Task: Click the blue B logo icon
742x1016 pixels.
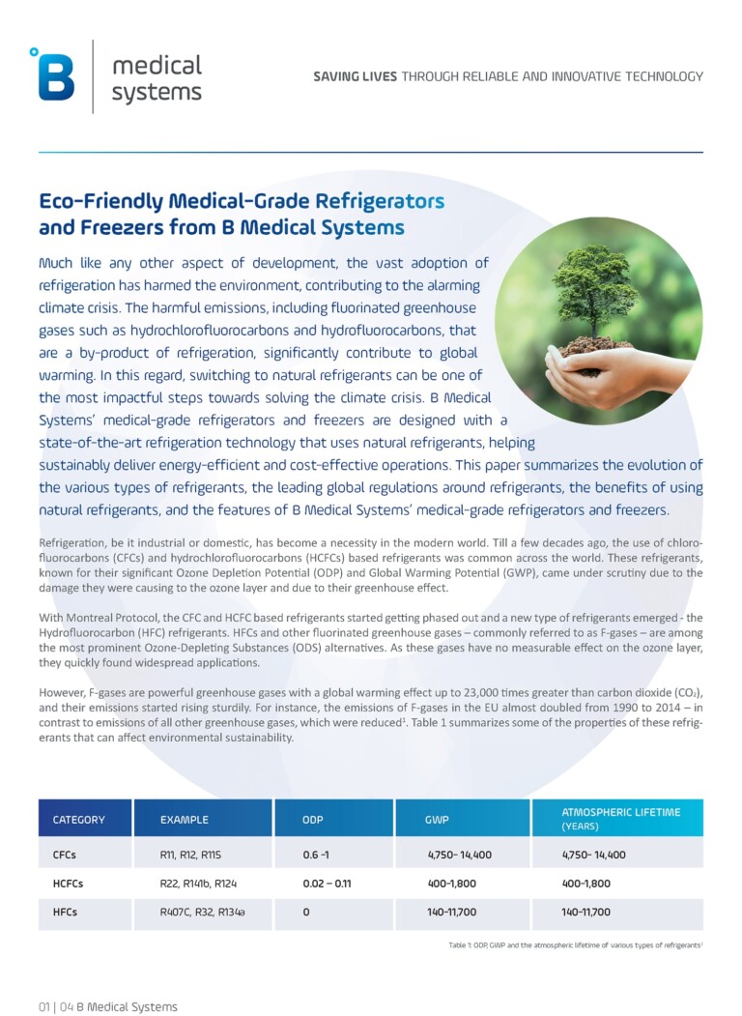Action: [x=55, y=74]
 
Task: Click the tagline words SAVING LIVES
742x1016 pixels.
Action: [x=355, y=76]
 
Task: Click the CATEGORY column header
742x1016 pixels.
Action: [x=79, y=820]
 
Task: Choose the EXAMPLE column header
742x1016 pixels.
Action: [x=185, y=820]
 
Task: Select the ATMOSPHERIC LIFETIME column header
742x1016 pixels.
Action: [x=620, y=818]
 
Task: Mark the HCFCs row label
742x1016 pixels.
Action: [x=71, y=884]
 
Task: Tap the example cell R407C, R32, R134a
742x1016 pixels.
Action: [x=203, y=912]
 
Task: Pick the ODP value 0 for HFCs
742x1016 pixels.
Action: [x=305, y=912]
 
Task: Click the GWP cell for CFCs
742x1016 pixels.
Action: [x=459, y=855]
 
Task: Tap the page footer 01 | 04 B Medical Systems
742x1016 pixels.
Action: [x=107, y=1006]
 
